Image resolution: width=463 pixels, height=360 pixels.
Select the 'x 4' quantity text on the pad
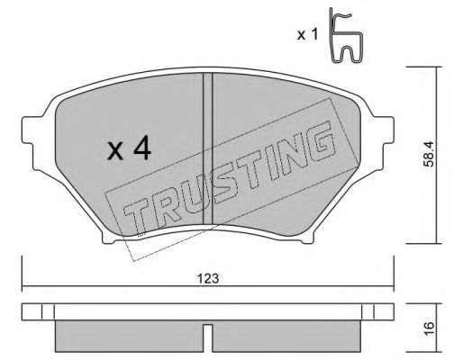(x=128, y=150)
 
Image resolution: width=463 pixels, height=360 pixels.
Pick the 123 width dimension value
(x=208, y=278)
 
